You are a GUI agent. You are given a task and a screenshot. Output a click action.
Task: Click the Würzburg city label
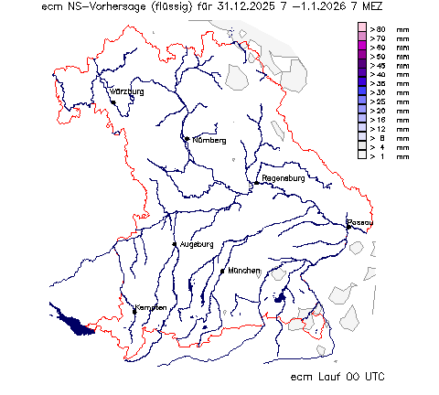coord(127,92)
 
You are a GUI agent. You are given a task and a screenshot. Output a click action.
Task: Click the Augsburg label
coord(197,244)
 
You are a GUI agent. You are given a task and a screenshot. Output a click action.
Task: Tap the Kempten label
coord(151,307)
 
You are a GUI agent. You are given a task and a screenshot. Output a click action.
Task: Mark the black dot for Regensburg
coord(257,181)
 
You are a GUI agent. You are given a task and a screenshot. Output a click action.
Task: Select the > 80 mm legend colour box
coord(363,30)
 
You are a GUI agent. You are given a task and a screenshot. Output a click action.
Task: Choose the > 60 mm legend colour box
coord(363,48)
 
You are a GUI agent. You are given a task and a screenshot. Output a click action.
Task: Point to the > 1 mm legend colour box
coord(363,155)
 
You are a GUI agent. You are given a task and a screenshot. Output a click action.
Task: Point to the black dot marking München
coord(222,271)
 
